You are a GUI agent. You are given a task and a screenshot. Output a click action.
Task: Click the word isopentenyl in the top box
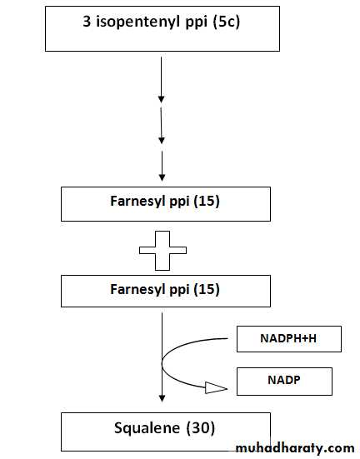coord(137,22)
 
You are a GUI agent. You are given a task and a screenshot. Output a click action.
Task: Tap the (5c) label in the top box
coord(227,22)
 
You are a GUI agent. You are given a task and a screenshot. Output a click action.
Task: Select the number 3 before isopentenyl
coord(87,22)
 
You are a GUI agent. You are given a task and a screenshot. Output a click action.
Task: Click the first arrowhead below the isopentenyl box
coord(161,99)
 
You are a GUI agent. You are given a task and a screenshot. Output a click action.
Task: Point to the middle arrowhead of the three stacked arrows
coord(162,140)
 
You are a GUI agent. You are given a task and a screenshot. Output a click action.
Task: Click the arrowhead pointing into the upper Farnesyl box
coord(162,177)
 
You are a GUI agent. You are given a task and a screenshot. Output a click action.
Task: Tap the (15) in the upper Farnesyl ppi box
coord(207,201)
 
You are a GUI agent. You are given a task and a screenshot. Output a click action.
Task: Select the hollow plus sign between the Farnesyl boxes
coord(162,251)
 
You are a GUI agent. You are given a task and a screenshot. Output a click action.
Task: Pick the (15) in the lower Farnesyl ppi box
coord(207,289)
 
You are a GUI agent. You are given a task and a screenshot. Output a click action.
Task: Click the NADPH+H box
coord(289,339)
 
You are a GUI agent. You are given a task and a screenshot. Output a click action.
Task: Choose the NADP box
coord(284,382)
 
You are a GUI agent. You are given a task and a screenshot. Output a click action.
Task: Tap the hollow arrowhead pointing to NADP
coord(216,388)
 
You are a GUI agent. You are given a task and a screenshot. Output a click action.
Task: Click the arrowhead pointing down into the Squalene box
coord(162,398)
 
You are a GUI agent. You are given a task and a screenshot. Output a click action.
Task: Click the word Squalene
coord(147,428)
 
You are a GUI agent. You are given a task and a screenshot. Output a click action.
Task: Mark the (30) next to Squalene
coord(201,428)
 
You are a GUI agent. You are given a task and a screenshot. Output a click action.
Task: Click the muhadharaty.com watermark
coord(295,448)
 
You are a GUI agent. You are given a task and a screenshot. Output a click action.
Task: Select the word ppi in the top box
coord(197,22)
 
